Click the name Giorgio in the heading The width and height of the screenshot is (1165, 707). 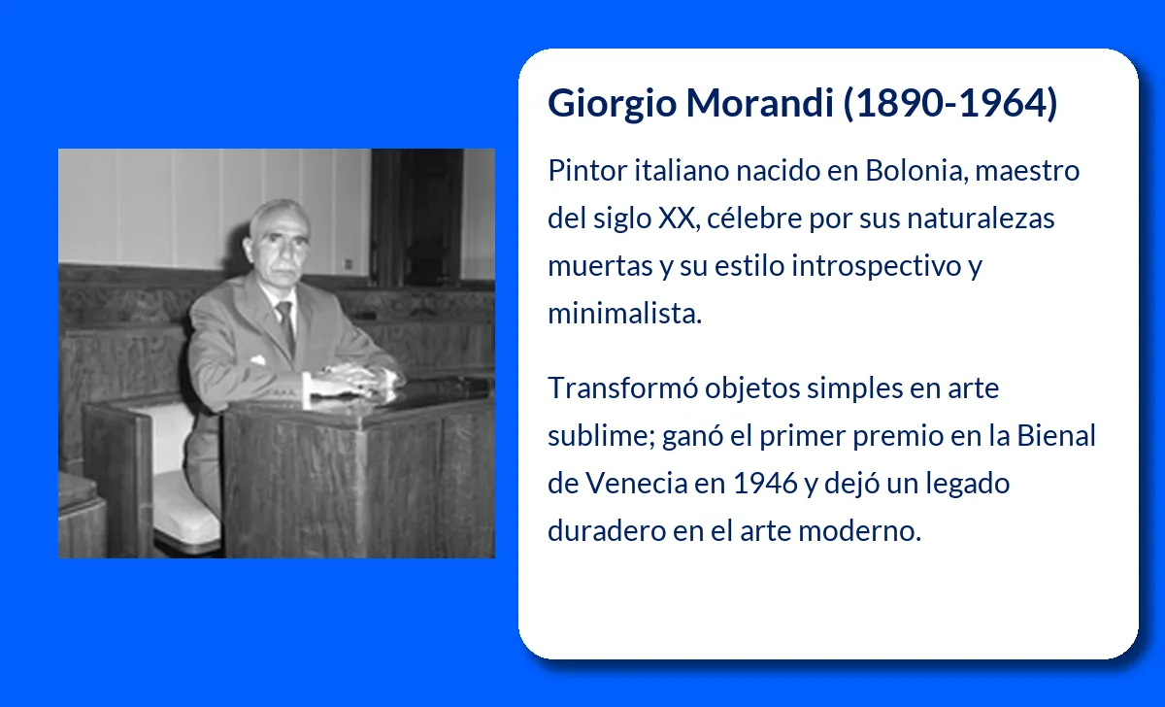coord(613,103)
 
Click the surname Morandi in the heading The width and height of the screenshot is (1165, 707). coord(760,103)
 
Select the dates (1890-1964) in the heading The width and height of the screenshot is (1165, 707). coord(950,103)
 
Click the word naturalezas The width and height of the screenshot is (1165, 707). coord(981,218)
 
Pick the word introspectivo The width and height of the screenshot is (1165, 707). coord(876,266)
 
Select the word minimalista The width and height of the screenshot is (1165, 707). coord(624,313)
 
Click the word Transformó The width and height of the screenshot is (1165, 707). coord(622,387)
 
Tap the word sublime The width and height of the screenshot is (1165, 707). coord(601,435)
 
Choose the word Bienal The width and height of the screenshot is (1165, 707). coord(1056,435)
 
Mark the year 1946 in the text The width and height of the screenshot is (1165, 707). coord(765,484)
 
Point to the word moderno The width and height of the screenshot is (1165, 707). coord(860,530)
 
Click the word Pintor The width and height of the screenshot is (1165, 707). coord(587,170)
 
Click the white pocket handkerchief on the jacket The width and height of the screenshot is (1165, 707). coord(257,359)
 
